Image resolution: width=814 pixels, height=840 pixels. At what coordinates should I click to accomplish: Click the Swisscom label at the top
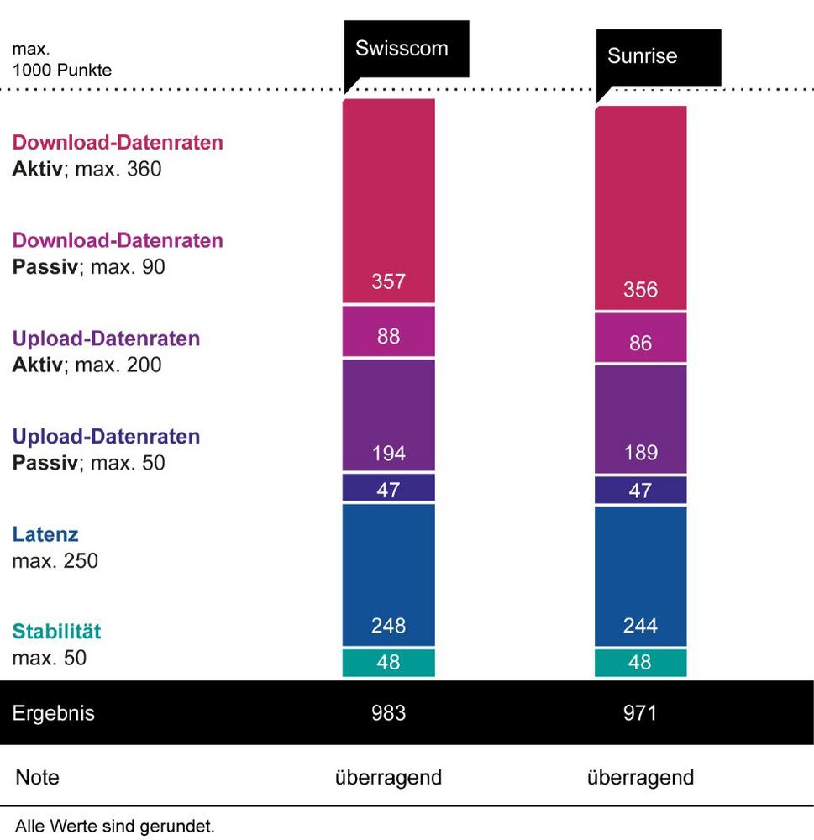[402, 48]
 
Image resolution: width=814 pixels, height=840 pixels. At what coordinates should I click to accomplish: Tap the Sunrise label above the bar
[642, 57]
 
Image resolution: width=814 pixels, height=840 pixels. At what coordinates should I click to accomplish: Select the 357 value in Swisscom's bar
[388, 281]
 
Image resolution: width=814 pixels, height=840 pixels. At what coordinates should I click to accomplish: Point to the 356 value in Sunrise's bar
[640, 290]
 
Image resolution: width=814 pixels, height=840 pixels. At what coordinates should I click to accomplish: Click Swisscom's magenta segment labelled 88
[388, 336]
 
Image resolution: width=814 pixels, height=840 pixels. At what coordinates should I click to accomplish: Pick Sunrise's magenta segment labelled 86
[640, 343]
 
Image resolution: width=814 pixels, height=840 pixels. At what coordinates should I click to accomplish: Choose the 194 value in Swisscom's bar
[388, 454]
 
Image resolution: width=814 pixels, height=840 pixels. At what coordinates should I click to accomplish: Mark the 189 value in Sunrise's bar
[640, 453]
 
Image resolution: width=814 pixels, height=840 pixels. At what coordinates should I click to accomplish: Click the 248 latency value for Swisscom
[388, 626]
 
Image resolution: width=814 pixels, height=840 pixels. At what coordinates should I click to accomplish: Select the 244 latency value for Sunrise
[640, 626]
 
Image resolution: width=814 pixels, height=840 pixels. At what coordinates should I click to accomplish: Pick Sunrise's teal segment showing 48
[640, 663]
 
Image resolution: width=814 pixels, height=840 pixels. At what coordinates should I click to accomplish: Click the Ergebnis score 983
[388, 713]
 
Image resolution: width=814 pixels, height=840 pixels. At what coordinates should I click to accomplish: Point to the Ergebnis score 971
[640, 713]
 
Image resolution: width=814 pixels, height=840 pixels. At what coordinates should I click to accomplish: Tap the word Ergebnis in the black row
[53, 713]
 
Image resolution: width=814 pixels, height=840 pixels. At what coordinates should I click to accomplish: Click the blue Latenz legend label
[45, 534]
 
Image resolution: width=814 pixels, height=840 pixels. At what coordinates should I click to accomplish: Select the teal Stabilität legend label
[56, 632]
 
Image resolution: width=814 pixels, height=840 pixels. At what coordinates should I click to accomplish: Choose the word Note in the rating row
[37, 777]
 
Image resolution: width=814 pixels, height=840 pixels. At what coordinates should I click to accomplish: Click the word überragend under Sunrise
[640, 777]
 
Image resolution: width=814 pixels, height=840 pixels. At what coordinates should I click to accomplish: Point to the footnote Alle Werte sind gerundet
[114, 827]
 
